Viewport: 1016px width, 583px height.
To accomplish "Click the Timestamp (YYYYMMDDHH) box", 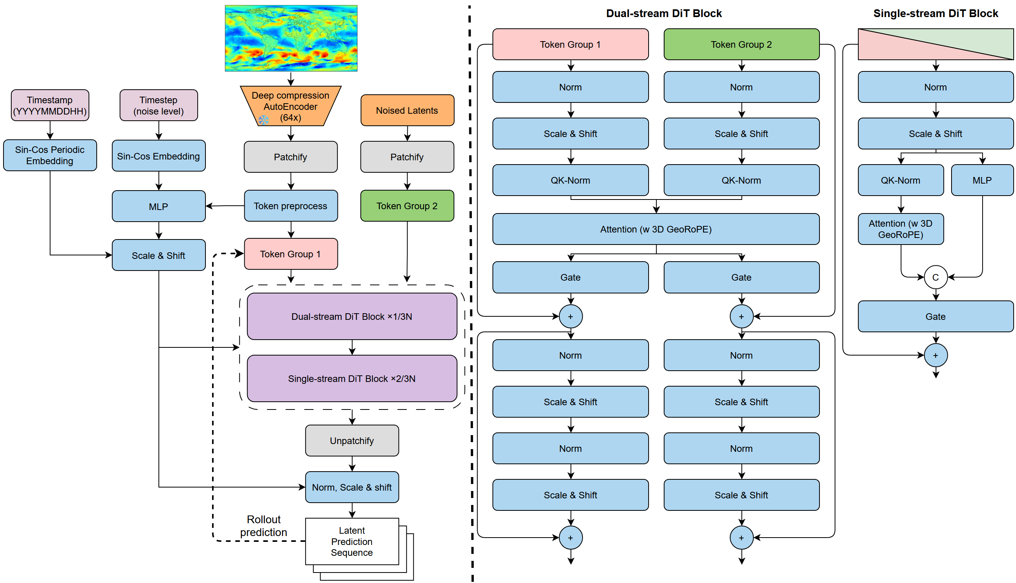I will pos(50,105).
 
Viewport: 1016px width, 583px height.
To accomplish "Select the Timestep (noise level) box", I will pos(158,105).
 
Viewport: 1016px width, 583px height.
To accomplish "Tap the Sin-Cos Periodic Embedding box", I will pos(50,155).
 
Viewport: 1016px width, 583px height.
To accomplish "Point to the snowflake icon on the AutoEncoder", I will pos(263,120).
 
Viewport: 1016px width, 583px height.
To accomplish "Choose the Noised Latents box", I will pos(407,111).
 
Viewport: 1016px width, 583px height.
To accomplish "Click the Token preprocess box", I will pos(291,206).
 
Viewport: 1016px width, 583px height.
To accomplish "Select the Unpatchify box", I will pos(352,441).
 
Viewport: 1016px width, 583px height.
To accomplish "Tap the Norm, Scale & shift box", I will pos(352,487).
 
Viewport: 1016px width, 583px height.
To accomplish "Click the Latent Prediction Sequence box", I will pos(352,541).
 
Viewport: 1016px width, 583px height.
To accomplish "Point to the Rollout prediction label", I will pos(264,526).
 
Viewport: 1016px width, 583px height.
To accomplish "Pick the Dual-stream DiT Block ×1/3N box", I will pos(352,316).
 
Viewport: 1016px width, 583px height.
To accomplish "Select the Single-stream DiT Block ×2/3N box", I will pos(352,378).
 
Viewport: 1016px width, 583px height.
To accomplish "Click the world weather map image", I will pos(291,38).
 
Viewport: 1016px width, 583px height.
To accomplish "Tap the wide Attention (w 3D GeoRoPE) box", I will pos(656,229).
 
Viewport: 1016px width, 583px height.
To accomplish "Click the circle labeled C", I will pos(935,277).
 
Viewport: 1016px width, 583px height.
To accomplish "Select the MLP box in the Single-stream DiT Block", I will pos(981,180).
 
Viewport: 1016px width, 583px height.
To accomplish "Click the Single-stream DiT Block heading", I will pos(935,14).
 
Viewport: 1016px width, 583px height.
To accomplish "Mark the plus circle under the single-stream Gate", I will pos(935,355).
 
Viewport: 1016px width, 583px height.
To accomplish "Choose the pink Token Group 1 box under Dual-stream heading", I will pos(570,45).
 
